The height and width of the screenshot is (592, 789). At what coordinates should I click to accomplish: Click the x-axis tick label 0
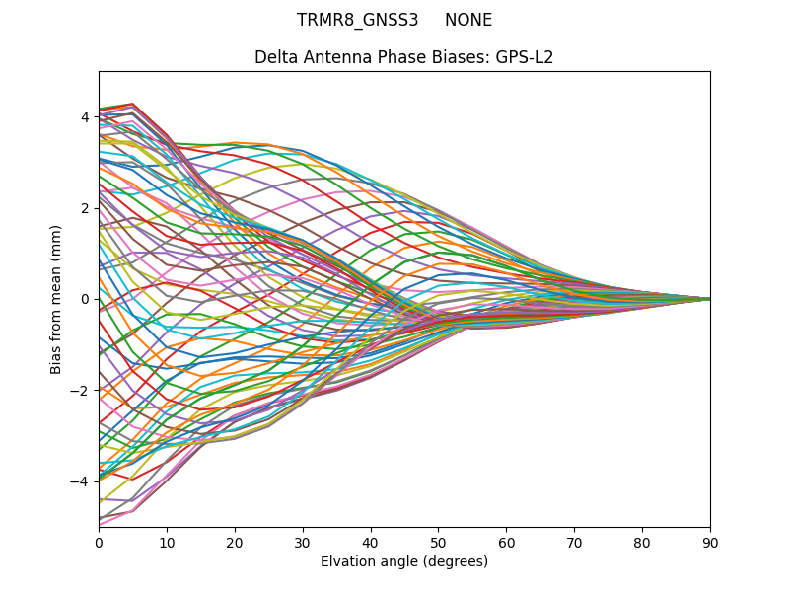pos(99,542)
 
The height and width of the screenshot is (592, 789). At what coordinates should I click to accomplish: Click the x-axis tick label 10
pos(167,542)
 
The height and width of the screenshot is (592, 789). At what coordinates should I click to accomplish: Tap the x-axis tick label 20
pos(235,542)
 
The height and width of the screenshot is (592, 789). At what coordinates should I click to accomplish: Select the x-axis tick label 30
pos(303,542)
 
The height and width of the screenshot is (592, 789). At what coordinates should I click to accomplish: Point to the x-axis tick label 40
pos(371,542)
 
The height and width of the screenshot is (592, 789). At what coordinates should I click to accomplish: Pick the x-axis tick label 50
pos(438,542)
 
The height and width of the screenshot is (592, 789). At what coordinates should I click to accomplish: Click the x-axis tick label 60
pos(506,542)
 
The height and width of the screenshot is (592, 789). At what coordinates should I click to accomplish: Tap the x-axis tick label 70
pos(574,542)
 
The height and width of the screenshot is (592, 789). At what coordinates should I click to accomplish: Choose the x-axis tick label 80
pos(642,542)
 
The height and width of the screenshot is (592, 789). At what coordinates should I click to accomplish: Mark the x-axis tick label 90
pos(710,542)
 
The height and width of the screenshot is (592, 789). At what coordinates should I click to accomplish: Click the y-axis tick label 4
pos(85,117)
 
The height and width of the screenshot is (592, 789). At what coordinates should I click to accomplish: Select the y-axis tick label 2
pos(85,208)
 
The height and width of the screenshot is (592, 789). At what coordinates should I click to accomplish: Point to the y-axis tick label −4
pos(82,481)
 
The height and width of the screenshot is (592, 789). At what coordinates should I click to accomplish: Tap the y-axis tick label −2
pos(82,391)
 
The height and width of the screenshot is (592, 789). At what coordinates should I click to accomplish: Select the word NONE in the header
pos(468,20)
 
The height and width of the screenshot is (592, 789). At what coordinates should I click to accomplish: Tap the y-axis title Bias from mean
pos(57,299)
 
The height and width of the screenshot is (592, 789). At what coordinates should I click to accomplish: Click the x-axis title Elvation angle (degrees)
pos(404,561)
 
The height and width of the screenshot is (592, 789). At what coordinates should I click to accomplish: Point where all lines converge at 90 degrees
pos(709,299)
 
